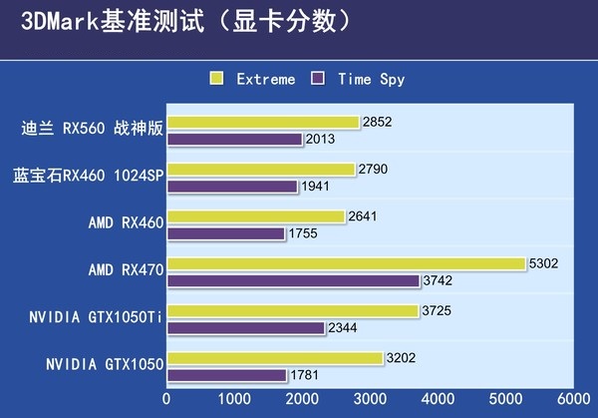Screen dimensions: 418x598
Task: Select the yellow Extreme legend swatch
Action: pos(216,78)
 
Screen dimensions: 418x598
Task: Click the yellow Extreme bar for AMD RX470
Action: pos(346,264)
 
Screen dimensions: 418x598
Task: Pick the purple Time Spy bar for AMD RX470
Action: pos(293,281)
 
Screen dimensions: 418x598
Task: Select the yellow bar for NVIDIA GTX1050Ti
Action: pos(292,311)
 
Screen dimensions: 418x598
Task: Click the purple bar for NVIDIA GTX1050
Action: pos(226,375)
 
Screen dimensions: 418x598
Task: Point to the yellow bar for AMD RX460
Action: pos(255,216)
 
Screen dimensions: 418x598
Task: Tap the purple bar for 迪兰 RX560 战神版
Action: pos(234,140)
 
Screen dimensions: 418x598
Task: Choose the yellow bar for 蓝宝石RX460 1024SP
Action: pos(260,170)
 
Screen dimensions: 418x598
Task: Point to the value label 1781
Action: pos(304,375)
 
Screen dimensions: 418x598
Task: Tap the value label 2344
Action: pos(343,328)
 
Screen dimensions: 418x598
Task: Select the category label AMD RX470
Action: pos(126,269)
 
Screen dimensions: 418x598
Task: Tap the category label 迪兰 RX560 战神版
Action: pos(92,128)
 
